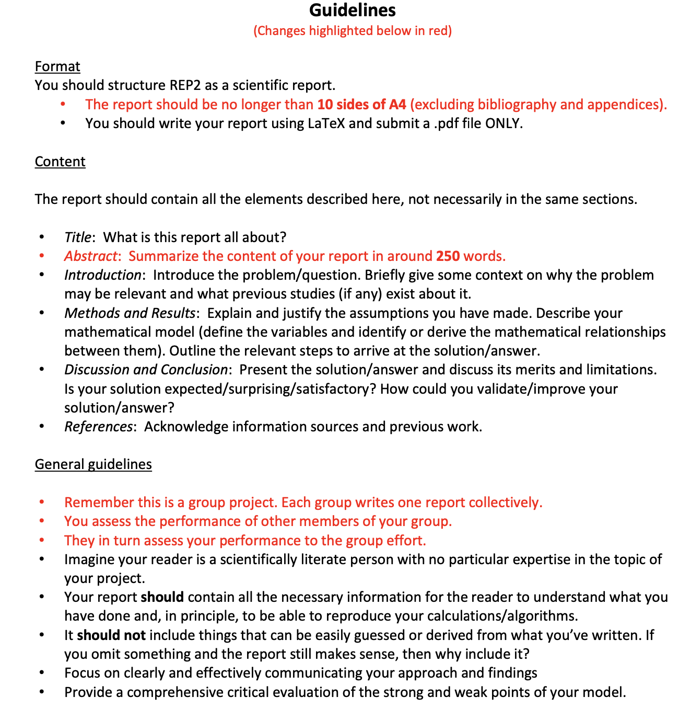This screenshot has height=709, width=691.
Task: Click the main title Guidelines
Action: [x=353, y=10]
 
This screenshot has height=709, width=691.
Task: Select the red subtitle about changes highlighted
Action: [x=353, y=31]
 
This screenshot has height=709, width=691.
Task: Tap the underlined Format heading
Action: [x=57, y=66]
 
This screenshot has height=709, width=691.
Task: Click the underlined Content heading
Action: [x=60, y=162]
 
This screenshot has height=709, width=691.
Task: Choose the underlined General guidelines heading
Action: [x=93, y=464]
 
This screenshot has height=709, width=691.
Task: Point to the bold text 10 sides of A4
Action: [x=361, y=105]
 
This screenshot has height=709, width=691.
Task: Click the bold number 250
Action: [x=448, y=256]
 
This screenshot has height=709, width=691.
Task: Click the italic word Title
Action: [x=77, y=237]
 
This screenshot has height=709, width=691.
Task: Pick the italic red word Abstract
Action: [x=90, y=256]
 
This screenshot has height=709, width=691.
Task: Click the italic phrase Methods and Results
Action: [x=130, y=313]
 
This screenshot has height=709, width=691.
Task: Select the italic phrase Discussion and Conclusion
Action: [x=146, y=370]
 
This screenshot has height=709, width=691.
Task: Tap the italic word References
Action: [x=98, y=427]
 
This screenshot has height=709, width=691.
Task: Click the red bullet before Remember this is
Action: [x=42, y=502]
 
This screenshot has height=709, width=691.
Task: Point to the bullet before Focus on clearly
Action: [x=42, y=673]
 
